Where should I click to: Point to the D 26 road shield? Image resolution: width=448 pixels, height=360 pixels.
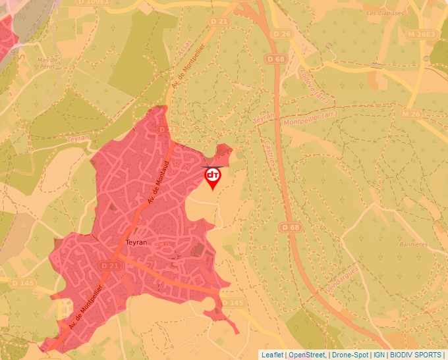pyautogui.click(x=281, y=34)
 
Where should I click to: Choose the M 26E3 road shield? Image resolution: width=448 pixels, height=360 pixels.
pyautogui.click(x=421, y=34)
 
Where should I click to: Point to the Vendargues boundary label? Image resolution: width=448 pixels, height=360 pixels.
pyautogui.click(x=343, y=280)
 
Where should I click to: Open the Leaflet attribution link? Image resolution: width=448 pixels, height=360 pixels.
pyautogui.click(x=272, y=355)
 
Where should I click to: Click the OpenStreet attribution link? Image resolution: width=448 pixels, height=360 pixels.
pyautogui.click(x=307, y=355)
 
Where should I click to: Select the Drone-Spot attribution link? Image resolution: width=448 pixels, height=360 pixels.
pyautogui.click(x=349, y=355)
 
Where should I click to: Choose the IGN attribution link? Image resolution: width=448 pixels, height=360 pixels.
pyautogui.click(x=379, y=355)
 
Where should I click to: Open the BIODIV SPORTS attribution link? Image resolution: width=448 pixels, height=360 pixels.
pyautogui.click(x=416, y=355)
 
